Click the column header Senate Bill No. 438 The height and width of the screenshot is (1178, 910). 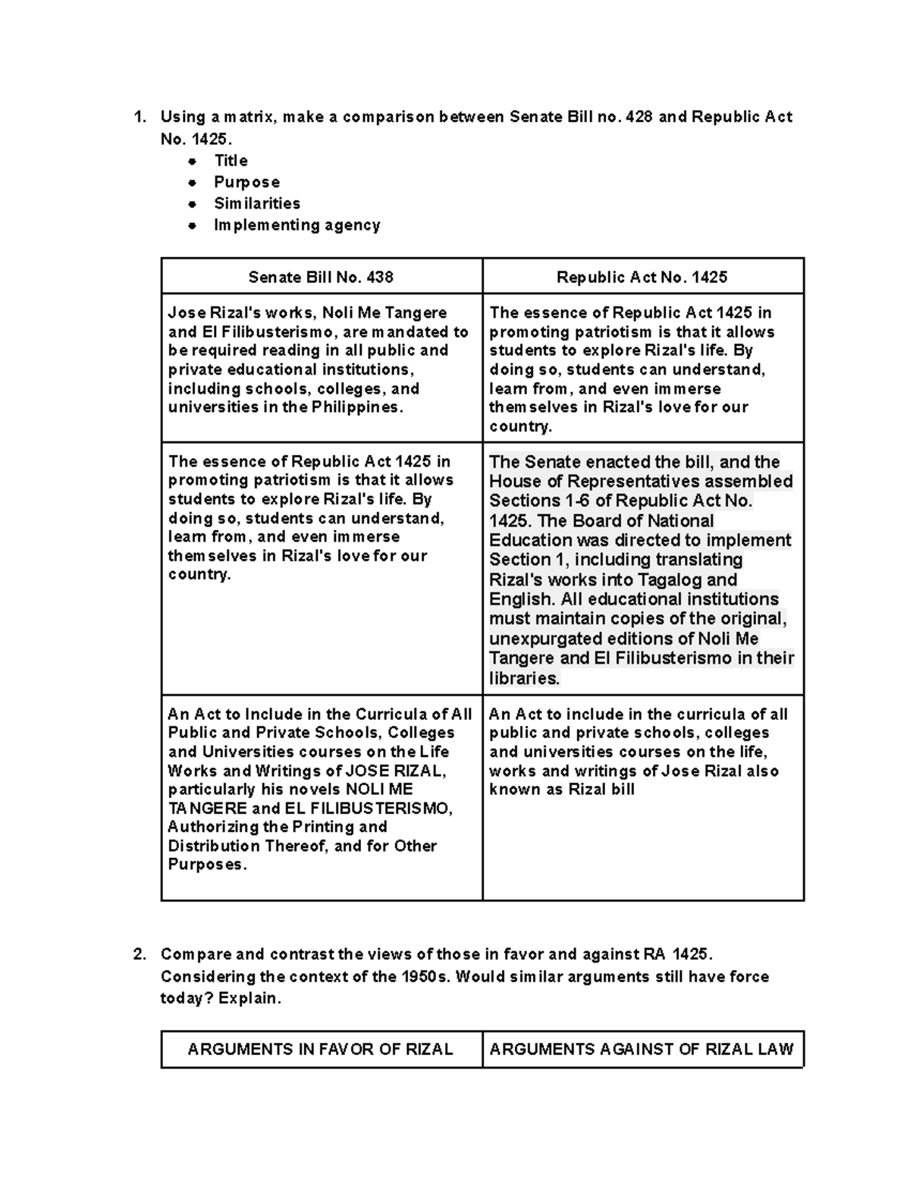(x=321, y=277)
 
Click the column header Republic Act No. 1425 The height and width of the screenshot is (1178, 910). (x=642, y=277)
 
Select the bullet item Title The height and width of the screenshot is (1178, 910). (x=231, y=161)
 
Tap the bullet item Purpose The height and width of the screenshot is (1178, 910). (x=246, y=182)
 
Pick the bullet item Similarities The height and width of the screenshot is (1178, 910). (x=256, y=203)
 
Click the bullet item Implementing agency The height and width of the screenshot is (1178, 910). (x=297, y=225)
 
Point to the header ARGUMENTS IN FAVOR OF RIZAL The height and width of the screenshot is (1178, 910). (x=320, y=1049)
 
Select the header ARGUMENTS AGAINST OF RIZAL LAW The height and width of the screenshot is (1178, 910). (x=642, y=1049)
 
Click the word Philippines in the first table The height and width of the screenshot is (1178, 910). (x=356, y=407)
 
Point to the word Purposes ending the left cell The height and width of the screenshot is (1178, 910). (x=206, y=865)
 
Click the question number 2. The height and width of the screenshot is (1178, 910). (x=139, y=954)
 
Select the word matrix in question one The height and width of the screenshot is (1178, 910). (x=250, y=117)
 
